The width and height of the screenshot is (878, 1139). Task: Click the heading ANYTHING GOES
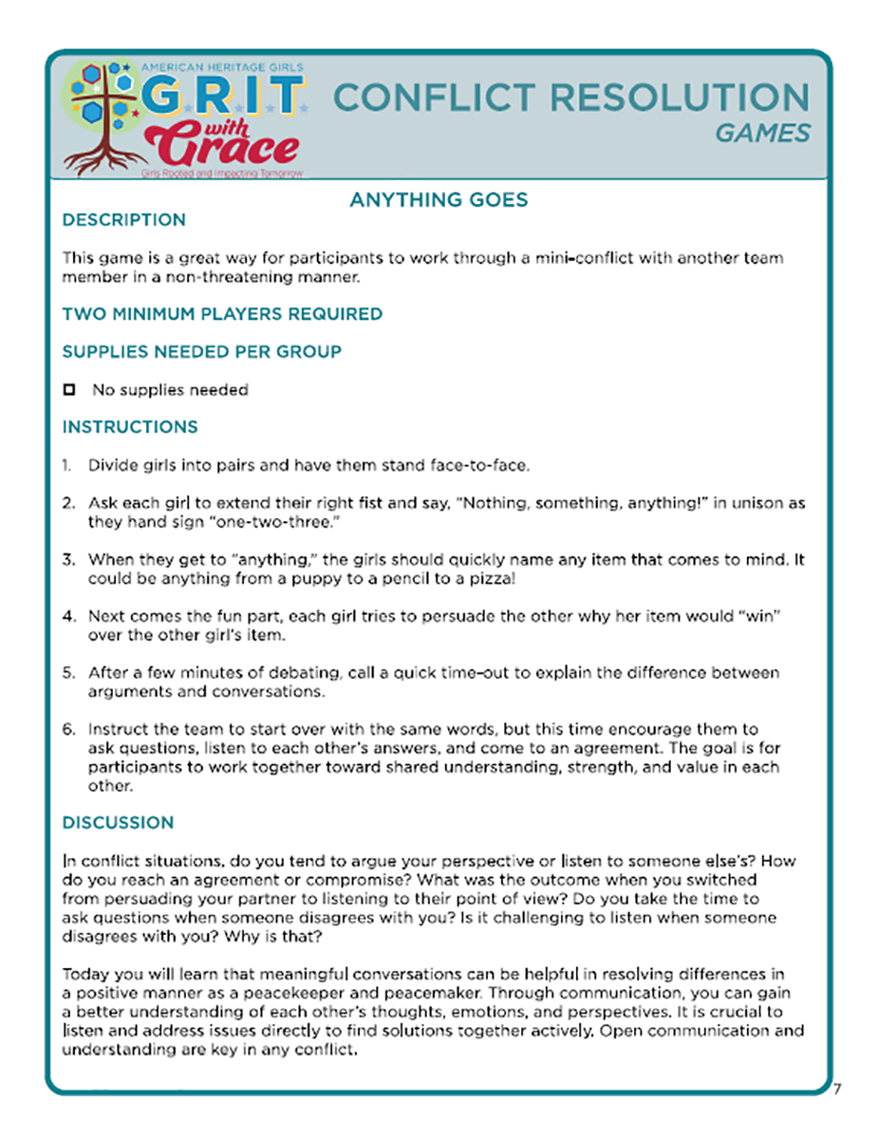coord(439,200)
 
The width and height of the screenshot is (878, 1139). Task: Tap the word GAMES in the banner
coord(763,134)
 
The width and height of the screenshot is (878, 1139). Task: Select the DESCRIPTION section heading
coord(123,220)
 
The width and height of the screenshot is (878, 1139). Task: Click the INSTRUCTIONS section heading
coord(130,427)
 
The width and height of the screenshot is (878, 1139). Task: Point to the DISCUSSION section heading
coord(118,823)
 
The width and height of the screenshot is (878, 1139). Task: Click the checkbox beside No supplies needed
coord(68,390)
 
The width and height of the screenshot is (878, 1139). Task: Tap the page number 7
coord(837,1089)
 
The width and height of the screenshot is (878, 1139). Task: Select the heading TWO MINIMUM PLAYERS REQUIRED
coord(222,314)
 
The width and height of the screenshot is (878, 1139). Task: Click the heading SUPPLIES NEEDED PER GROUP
coord(201,352)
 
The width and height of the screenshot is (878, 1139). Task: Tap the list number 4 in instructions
coord(68,617)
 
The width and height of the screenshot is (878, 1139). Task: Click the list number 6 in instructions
coord(68,730)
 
